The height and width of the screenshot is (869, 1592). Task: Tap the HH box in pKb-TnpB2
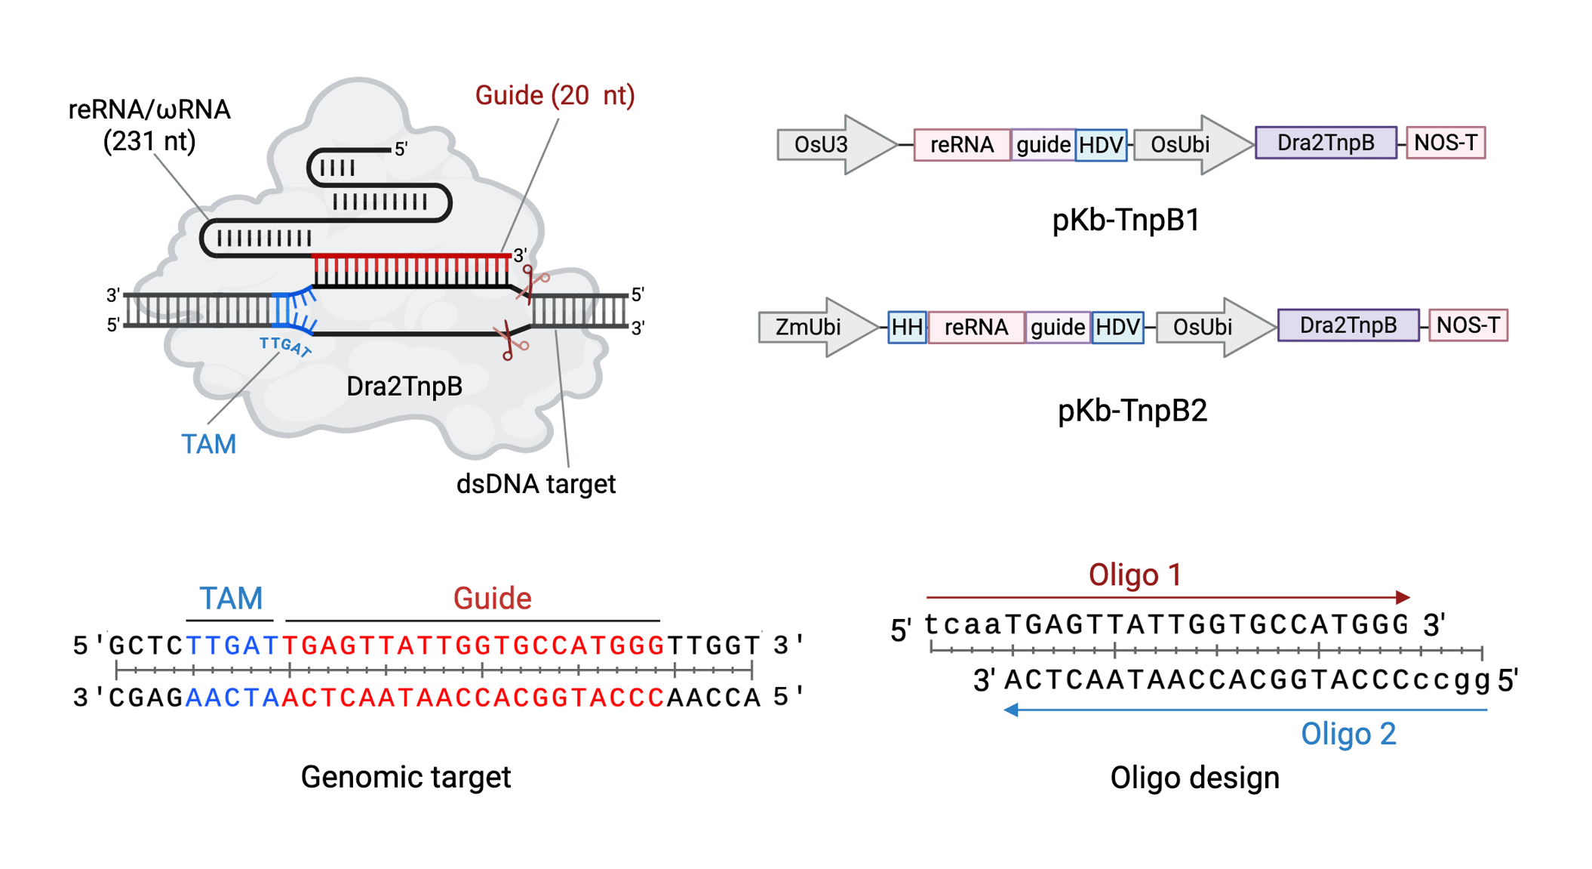pos(906,327)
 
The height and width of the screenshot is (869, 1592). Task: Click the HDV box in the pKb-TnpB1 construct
pos(1101,144)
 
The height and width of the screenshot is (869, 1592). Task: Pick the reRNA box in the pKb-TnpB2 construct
pos(976,327)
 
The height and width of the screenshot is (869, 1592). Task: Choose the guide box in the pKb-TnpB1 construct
pos(1043,144)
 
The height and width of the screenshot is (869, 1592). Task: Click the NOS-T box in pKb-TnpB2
pos(1468,325)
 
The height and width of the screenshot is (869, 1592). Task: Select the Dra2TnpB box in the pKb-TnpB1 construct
pos(1325,143)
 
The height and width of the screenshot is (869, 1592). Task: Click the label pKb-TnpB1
pos(1125,220)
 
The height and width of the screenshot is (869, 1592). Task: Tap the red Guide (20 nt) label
pos(555,96)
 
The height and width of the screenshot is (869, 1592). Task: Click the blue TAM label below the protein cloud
pos(209,444)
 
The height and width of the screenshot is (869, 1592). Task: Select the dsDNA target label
pos(536,484)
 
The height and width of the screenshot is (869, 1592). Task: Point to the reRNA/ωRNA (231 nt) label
pos(149,125)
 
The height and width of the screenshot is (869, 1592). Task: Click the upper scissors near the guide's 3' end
pos(534,283)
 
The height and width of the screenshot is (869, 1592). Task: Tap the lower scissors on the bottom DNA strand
pos(511,341)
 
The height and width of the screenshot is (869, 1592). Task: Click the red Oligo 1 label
pos(1134,575)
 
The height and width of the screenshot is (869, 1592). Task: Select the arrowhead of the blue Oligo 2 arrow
pos(1012,710)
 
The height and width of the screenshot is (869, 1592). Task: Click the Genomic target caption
pos(405,777)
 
